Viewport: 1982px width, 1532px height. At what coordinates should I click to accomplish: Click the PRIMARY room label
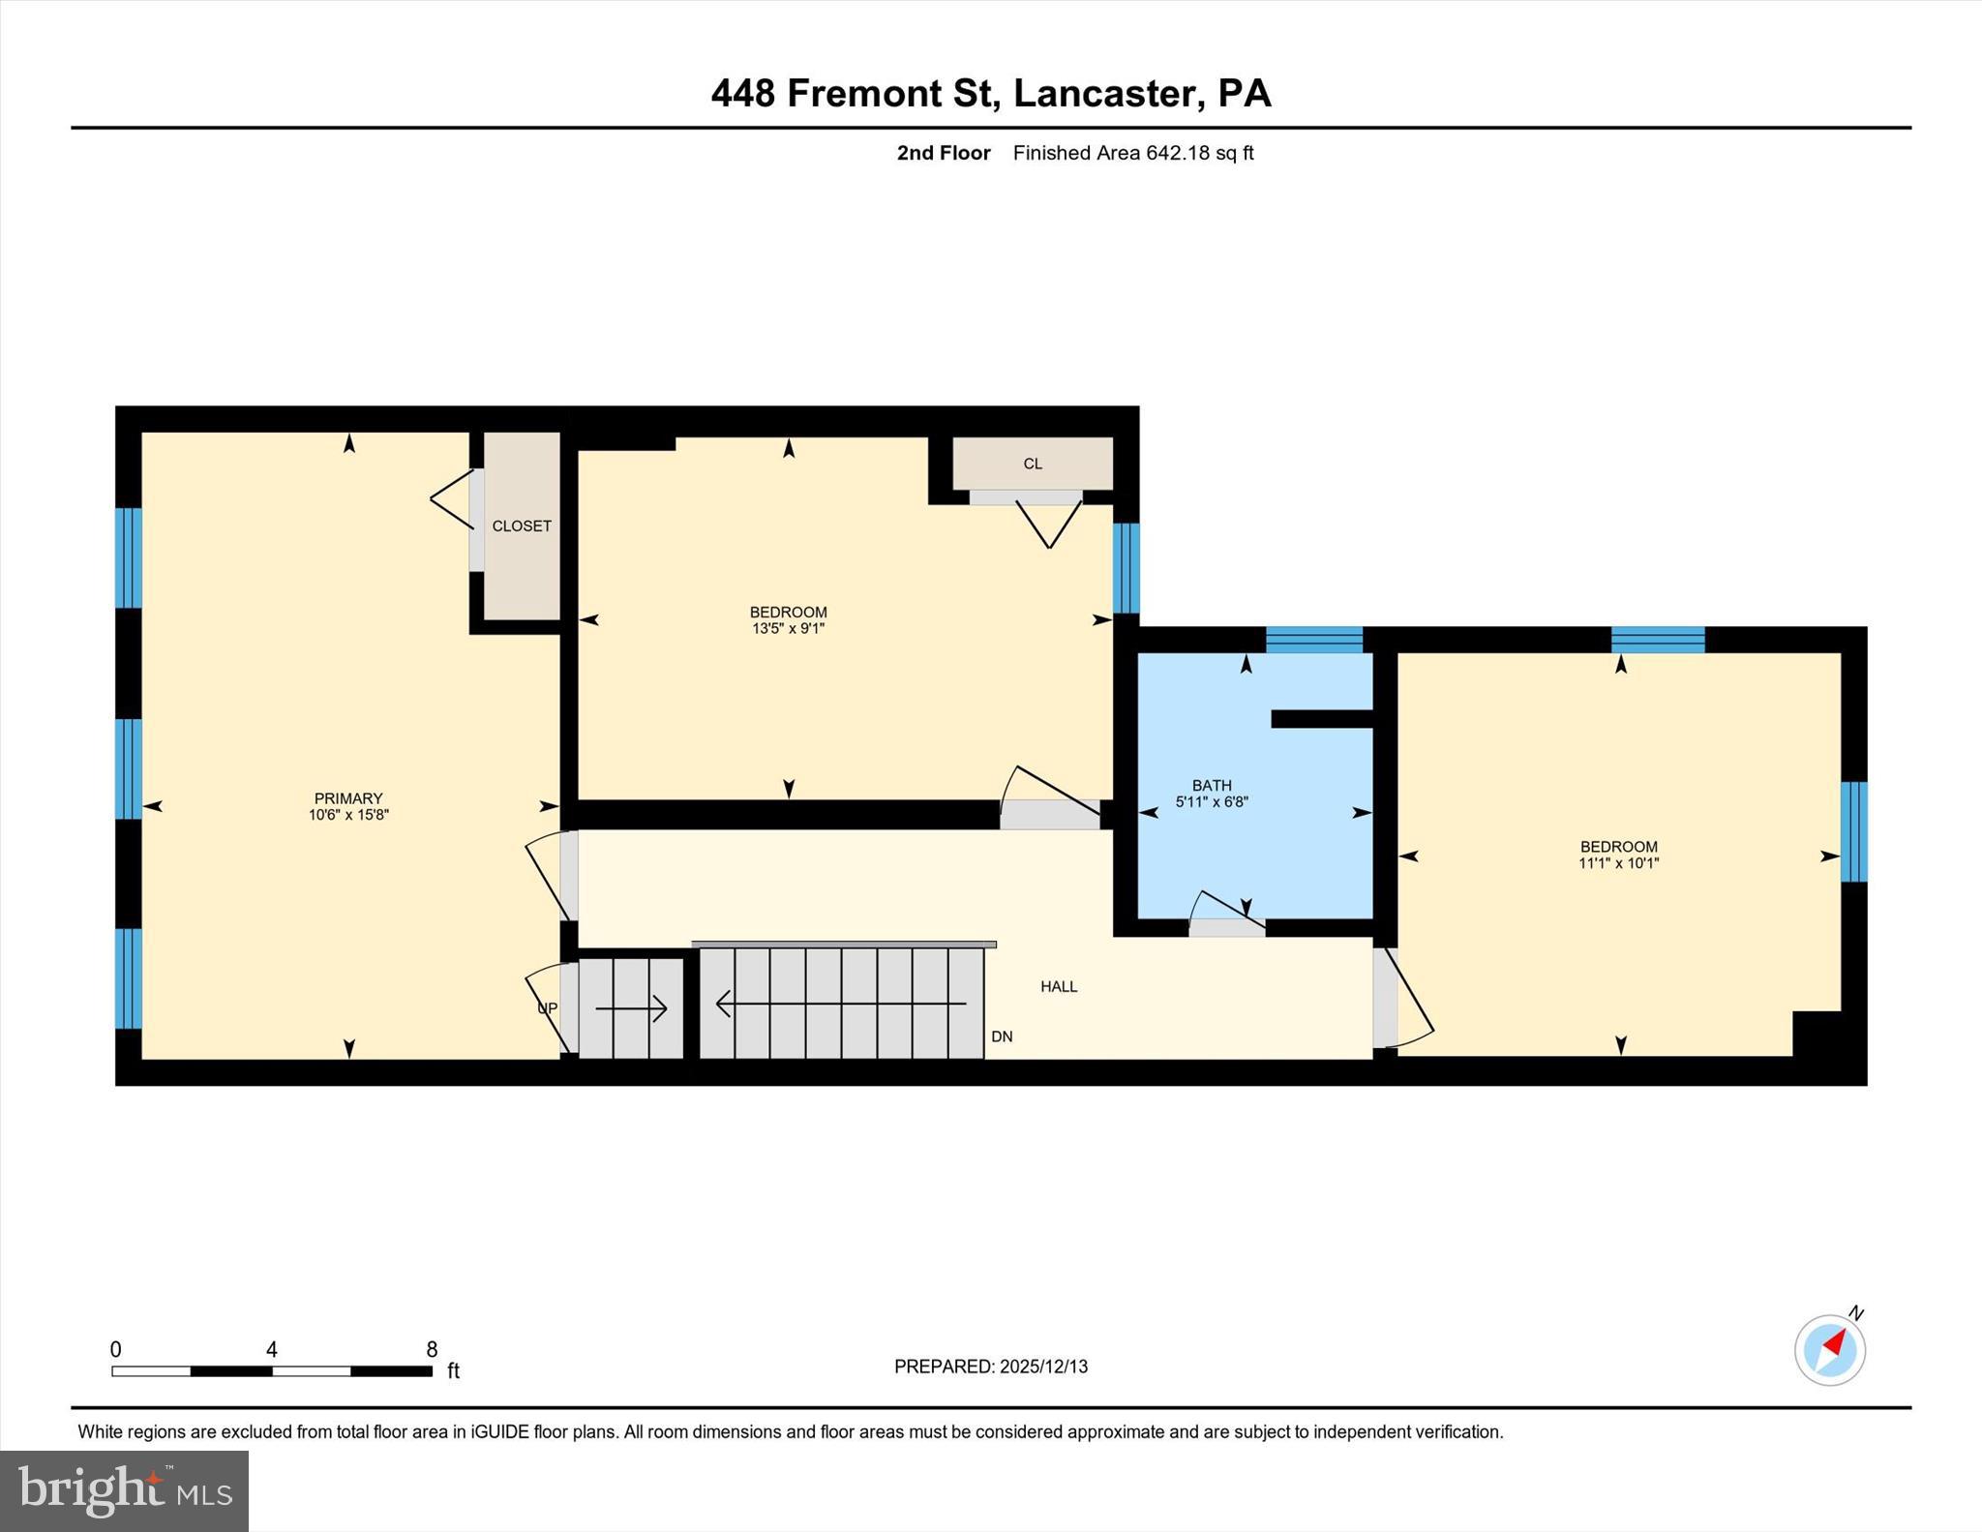tap(348, 798)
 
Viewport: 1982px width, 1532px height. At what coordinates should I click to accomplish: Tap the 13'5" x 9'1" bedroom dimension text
tap(788, 629)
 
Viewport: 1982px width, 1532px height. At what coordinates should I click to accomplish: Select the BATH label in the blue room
tap(1212, 786)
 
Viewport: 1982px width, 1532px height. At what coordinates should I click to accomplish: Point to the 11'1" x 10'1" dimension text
tap(1618, 863)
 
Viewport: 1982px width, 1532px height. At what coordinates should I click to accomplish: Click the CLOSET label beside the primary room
tap(522, 526)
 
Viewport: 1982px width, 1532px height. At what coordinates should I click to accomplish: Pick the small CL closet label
tap(1033, 465)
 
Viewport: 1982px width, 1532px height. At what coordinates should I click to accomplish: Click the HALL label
tap(1059, 987)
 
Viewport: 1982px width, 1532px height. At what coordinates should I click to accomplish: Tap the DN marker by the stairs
tap(1002, 1036)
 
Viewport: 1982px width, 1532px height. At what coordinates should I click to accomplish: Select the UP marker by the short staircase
tap(547, 1008)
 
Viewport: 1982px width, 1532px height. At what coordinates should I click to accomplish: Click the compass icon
tap(1829, 1349)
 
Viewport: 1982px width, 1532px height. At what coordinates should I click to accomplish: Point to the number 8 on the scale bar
tap(432, 1349)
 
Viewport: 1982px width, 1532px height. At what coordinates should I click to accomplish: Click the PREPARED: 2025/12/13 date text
tap(990, 1367)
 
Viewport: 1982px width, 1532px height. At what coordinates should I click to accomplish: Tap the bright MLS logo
tap(124, 1490)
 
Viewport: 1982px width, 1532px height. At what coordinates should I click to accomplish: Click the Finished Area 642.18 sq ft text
tap(1132, 153)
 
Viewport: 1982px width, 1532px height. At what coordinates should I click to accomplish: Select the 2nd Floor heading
tap(943, 153)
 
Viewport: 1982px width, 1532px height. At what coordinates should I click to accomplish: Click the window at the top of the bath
tap(1313, 640)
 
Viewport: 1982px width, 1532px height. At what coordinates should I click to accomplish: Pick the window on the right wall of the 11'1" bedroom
tap(1853, 832)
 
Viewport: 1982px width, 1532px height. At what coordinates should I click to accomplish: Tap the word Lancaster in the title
tap(1102, 93)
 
